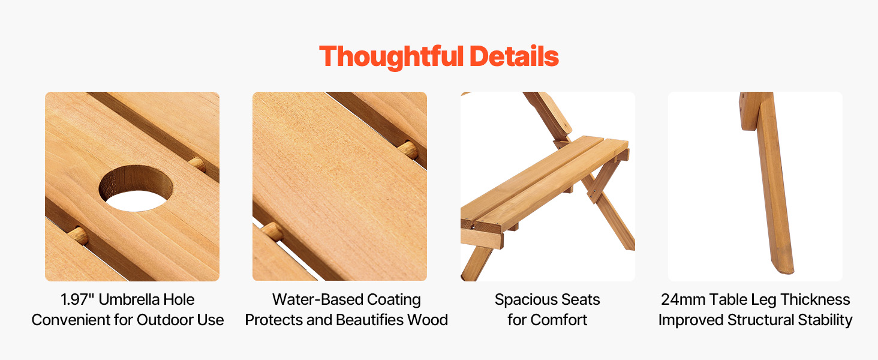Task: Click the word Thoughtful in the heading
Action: click(392, 56)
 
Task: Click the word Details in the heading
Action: click(514, 56)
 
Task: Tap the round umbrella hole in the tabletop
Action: click(136, 188)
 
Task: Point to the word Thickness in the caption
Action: click(815, 299)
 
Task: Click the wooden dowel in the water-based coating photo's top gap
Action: click(408, 150)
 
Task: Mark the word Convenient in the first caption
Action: click(70, 320)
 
